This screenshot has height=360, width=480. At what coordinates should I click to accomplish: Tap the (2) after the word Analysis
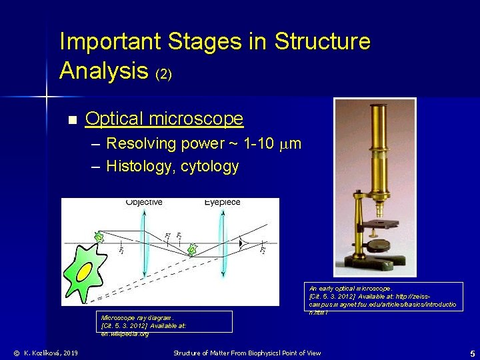tap(163, 74)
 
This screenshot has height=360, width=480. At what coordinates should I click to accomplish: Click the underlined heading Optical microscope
tap(165, 119)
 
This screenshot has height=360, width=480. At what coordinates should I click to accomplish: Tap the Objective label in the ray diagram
tap(144, 202)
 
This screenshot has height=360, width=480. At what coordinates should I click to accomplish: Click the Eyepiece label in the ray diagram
tap(222, 202)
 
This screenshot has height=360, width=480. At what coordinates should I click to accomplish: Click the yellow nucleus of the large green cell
tap(85, 271)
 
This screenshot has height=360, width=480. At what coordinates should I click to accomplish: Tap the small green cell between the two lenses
tap(193, 249)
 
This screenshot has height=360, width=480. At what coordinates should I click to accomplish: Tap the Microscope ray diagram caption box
tap(163, 322)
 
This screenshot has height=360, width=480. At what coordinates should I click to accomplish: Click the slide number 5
tap(471, 353)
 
